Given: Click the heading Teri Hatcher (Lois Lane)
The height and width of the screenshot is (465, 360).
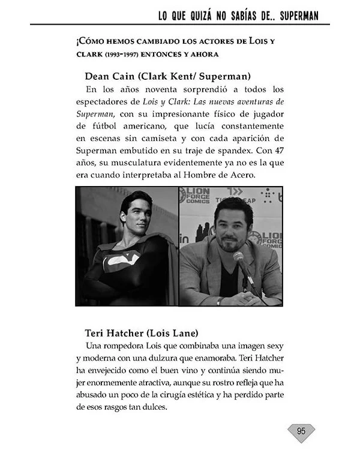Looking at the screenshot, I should click(142, 332).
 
